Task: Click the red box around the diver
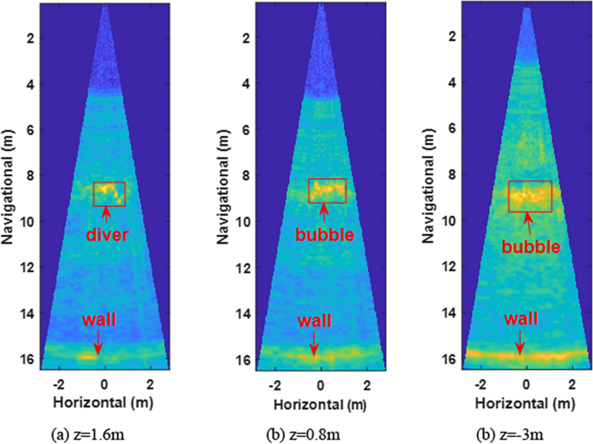[x=109, y=194]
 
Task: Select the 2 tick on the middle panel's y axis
[x=248, y=38]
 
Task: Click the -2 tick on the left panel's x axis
[x=59, y=383]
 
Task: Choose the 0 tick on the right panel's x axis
[x=527, y=383]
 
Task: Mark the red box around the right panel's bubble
[x=530, y=196]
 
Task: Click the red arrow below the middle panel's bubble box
[x=323, y=211]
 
